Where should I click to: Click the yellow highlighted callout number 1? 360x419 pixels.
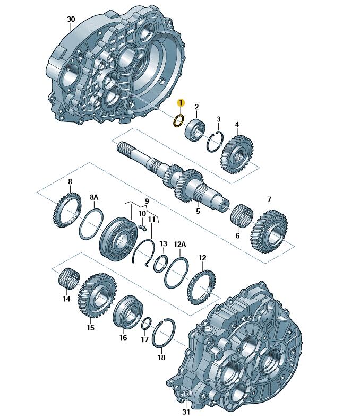[181, 102]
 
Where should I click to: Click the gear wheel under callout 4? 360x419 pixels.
[237, 154]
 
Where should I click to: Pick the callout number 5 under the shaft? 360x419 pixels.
[198, 211]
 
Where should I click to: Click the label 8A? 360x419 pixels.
[94, 197]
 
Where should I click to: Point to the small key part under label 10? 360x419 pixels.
[143, 228]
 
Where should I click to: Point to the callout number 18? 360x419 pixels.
[161, 357]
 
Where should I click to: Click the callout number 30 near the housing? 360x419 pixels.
[71, 19]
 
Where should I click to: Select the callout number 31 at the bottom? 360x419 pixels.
[186, 412]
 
